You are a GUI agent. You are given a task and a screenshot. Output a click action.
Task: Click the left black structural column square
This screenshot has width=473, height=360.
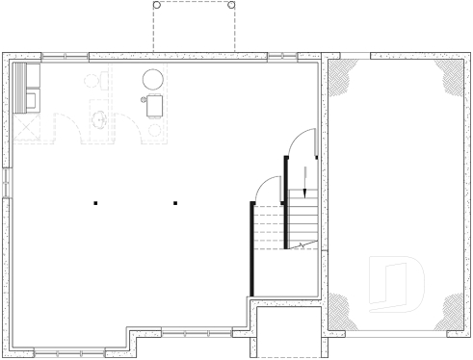(x=95, y=202)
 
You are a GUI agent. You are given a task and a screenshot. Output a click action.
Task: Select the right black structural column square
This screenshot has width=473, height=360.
(x=175, y=202)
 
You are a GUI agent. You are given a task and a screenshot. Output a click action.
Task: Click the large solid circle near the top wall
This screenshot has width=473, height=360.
(x=154, y=79)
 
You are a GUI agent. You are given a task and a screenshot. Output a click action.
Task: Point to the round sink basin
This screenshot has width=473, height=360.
(x=98, y=120)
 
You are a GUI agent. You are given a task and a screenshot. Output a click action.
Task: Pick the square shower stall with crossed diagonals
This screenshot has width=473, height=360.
(x=27, y=126)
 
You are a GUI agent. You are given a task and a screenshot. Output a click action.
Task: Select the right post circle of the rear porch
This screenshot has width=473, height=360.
(x=231, y=4)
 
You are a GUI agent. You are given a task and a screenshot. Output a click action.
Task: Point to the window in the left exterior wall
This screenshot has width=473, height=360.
(x=6, y=182)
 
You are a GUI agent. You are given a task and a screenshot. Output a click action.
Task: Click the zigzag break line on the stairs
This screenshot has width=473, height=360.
(x=303, y=246)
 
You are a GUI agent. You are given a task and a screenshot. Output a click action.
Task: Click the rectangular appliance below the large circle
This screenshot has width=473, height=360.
(x=155, y=106)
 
